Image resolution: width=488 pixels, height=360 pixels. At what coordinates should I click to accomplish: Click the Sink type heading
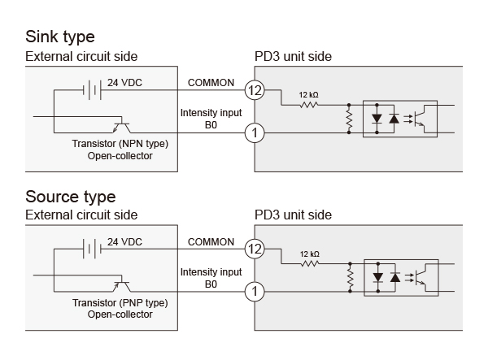pyautogui.click(x=60, y=37)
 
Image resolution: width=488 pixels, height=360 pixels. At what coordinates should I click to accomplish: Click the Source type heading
pyautogui.click(x=71, y=197)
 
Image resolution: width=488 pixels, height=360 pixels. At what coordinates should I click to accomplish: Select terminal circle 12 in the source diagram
pyautogui.click(x=255, y=250)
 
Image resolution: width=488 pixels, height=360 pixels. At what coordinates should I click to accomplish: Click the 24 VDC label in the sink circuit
pyautogui.click(x=126, y=82)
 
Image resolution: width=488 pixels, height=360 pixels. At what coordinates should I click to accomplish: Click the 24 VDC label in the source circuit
pyautogui.click(x=126, y=242)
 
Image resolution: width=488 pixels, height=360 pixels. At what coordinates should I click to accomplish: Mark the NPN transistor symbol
pyautogui.click(x=121, y=126)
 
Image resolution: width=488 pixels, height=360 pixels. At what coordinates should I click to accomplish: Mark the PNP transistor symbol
pyautogui.click(x=121, y=286)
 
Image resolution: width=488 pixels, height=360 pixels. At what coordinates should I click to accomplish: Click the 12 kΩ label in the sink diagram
pyautogui.click(x=308, y=95)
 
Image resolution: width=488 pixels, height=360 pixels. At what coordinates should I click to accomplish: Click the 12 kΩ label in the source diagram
pyautogui.click(x=308, y=254)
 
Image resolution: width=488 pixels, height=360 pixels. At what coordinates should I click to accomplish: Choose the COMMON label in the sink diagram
pyautogui.click(x=211, y=82)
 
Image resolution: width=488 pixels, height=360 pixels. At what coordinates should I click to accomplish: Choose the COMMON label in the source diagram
pyautogui.click(x=211, y=242)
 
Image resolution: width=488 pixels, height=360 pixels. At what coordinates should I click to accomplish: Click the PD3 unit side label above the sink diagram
pyautogui.click(x=293, y=56)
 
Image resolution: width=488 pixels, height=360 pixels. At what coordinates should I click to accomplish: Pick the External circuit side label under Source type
pyautogui.click(x=81, y=215)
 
